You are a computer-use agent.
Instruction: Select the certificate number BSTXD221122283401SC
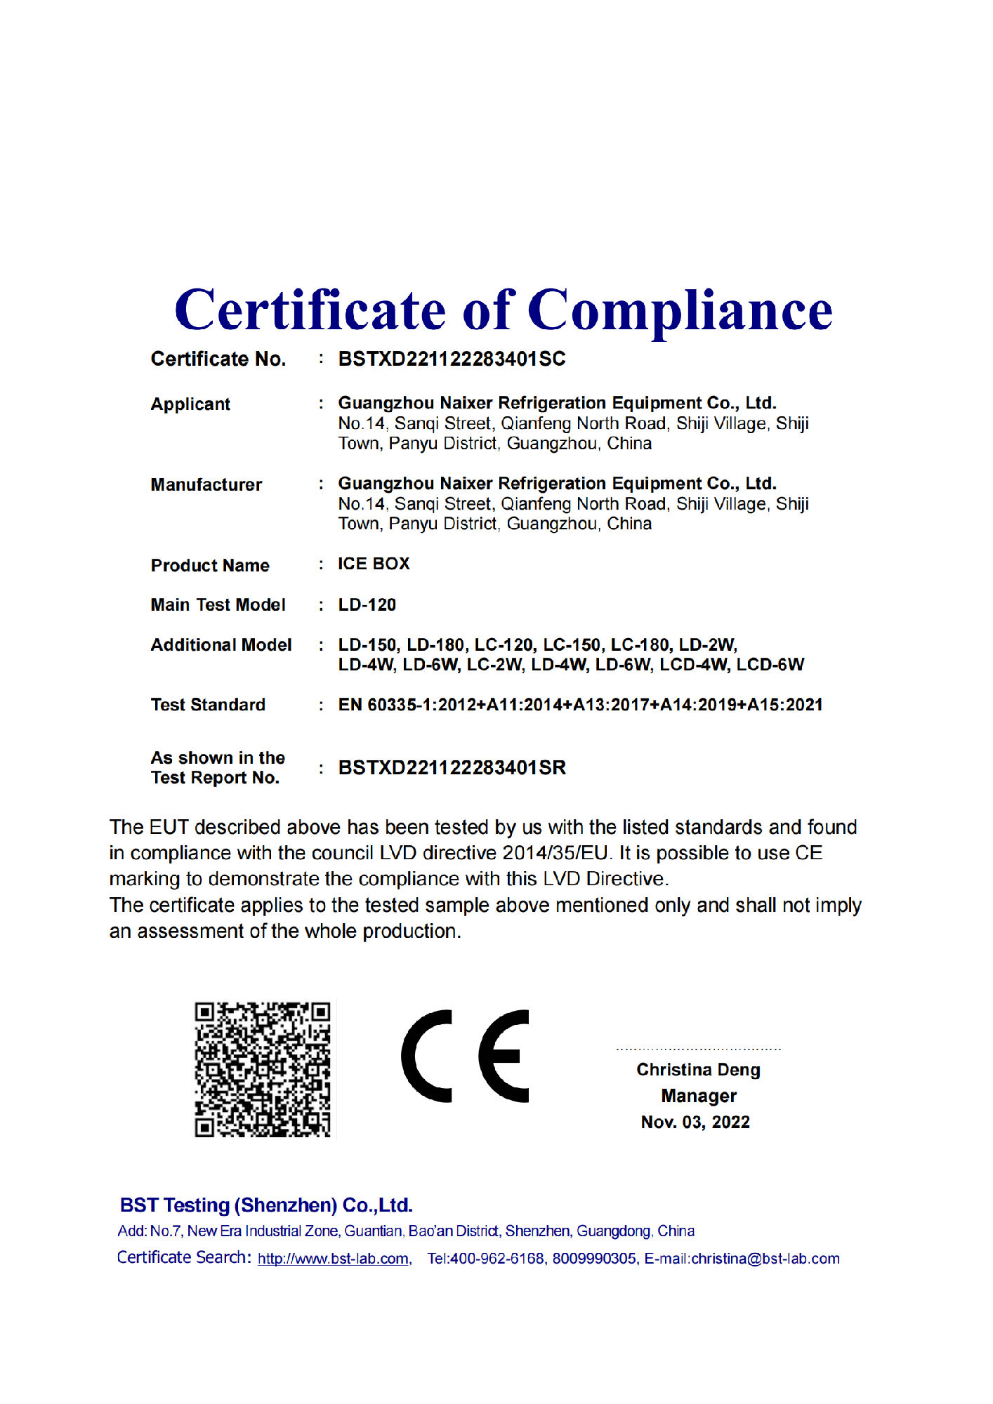pos(452,359)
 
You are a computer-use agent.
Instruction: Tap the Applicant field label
pos(190,404)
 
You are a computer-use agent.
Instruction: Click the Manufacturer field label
pos(206,485)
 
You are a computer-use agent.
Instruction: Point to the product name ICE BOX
pos(374,564)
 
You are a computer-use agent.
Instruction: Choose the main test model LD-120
pos(367,605)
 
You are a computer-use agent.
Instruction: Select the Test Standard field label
pos(208,705)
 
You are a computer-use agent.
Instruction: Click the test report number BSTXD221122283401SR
pos(452,768)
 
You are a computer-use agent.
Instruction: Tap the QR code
pos(263,1069)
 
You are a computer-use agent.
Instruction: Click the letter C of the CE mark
pos(426,1056)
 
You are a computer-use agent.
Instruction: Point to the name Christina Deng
pos(698,1070)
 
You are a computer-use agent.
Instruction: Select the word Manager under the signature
pos(699,1096)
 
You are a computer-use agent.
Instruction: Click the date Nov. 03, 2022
pos(695,1122)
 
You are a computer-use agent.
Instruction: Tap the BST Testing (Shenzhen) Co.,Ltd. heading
pos(266,1205)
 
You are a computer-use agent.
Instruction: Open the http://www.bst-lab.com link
pos(334,1259)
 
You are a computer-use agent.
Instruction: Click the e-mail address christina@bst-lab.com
pos(765,1259)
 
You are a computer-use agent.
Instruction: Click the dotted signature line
pos(698,1049)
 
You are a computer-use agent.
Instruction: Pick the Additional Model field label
pos(221,645)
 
